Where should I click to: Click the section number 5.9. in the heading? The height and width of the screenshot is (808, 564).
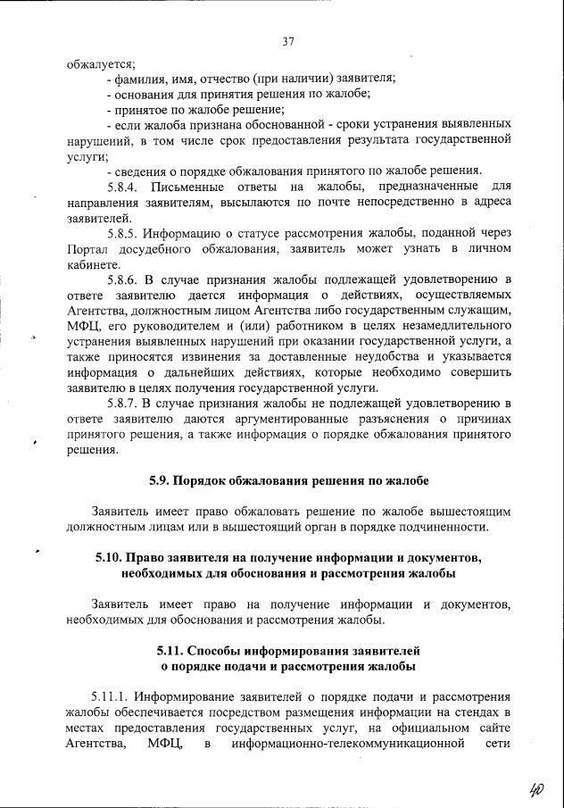click(164, 481)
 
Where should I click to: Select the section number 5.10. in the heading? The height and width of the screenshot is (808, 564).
click(109, 558)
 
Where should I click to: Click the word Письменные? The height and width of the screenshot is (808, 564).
click(189, 187)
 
